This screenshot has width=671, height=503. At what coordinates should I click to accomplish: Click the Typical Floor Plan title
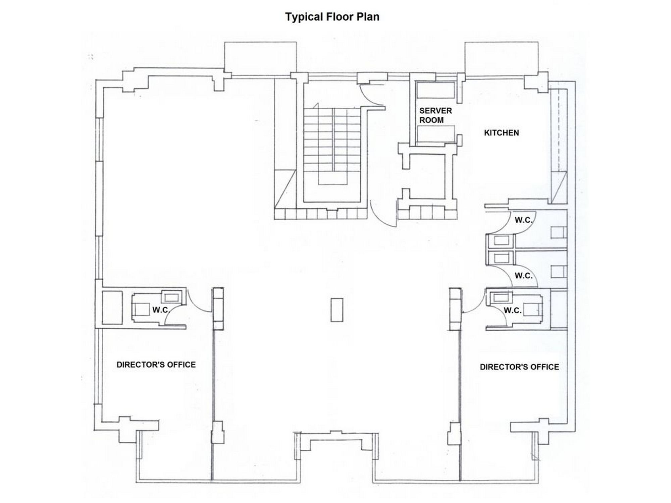coord(332,17)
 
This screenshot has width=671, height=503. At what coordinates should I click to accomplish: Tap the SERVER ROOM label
coord(435,115)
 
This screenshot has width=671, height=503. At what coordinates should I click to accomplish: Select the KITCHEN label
coord(501,133)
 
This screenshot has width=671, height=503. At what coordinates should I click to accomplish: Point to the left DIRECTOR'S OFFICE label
coord(156,365)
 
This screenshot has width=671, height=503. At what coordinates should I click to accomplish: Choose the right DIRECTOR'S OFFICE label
coord(519,367)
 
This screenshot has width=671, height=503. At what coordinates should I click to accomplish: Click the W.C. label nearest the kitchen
coord(524,220)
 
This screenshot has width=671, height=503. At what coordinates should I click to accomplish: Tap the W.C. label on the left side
coord(161,310)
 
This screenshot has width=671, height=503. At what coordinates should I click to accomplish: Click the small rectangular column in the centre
coord(337,310)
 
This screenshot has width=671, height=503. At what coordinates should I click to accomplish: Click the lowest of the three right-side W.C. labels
coord(513,311)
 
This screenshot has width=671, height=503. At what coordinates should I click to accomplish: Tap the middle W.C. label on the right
coord(524,276)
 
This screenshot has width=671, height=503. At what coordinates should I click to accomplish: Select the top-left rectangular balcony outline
coord(260,59)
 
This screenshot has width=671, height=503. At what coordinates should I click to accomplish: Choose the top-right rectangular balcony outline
coord(501,59)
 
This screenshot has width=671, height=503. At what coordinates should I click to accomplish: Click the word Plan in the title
coord(368,17)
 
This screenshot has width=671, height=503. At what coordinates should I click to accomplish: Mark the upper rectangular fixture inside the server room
coord(435,90)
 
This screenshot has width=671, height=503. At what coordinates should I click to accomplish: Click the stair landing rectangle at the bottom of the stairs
coord(332,179)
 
